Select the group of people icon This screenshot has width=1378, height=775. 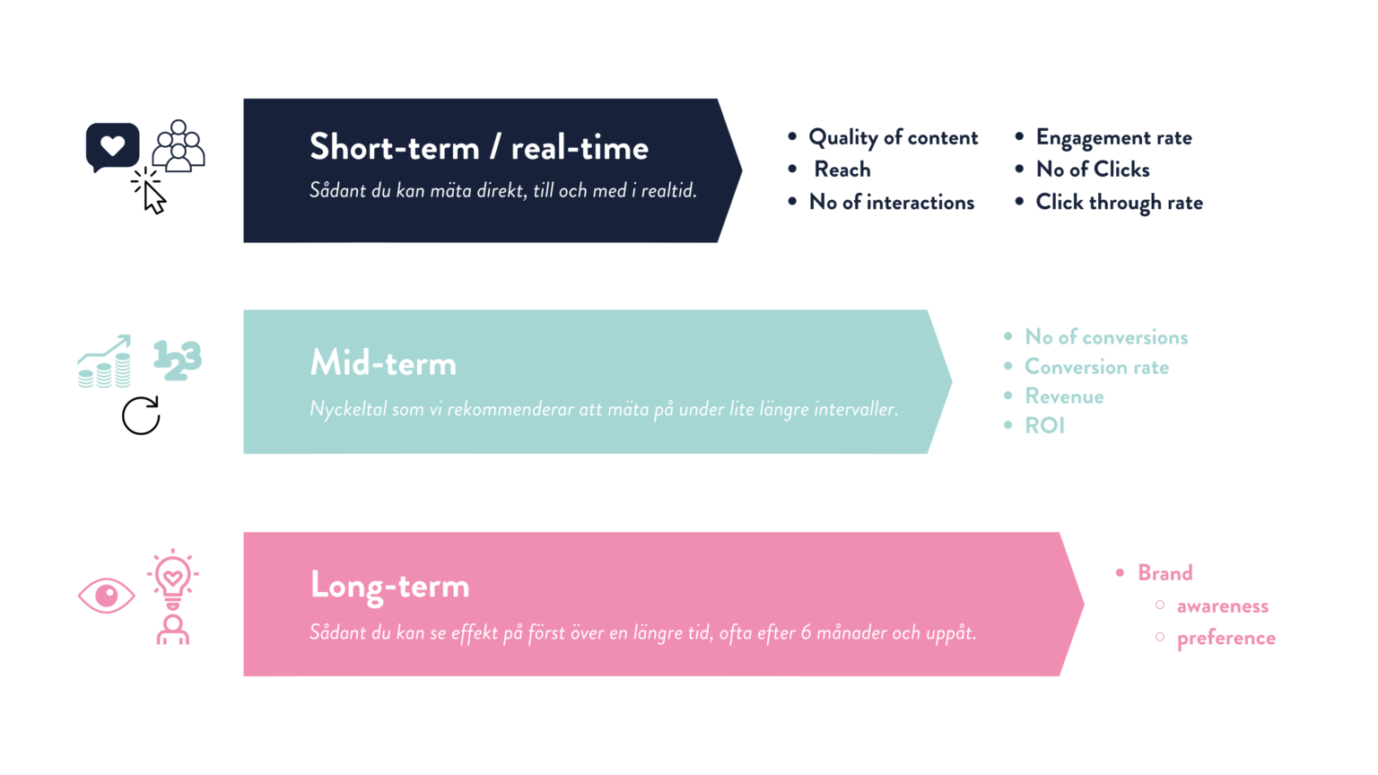(x=179, y=146)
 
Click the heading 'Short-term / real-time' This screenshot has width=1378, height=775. (x=478, y=148)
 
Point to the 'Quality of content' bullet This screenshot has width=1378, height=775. (x=893, y=137)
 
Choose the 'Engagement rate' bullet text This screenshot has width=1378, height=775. (x=1113, y=138)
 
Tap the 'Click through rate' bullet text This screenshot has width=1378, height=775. (x=1119, y=203)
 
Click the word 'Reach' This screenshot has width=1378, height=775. (x=842, y=170)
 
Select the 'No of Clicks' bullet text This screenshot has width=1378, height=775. (x=1093, y=170)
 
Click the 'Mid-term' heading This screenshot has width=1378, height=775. (x=383, y=363)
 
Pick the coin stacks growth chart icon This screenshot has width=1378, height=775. (x=104, y=361)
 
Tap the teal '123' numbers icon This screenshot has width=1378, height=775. (x=177, y=360)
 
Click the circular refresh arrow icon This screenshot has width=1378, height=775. (x=141, y=415)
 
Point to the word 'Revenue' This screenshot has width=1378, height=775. (x=1064, y=396)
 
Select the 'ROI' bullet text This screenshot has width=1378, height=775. (x=1044, y=426)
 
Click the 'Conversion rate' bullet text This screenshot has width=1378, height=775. (x=1096, y=367)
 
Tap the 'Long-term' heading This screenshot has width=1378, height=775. (x=389, y=586)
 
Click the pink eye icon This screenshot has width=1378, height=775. (x=107, y=596)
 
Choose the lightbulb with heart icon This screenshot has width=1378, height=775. (x=173, y=579)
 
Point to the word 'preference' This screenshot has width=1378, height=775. (x=1226, y=639)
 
